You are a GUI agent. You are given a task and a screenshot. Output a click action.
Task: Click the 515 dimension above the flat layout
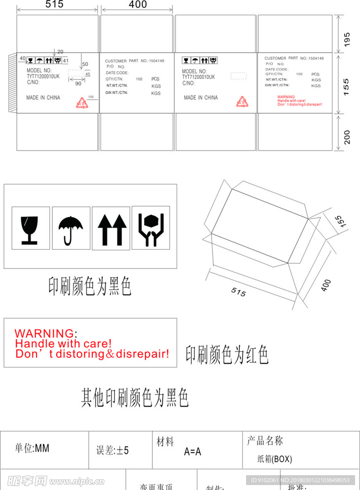pos(54,5)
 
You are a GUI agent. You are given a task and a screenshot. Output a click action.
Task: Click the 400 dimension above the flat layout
pos(138,5)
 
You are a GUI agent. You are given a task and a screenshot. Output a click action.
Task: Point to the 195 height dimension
pos(347,38)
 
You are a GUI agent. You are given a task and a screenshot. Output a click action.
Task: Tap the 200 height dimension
pos(347,137)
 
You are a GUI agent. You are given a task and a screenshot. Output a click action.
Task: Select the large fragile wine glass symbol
pos(30,229)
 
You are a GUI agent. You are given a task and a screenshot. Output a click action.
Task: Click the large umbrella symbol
pos(71,229)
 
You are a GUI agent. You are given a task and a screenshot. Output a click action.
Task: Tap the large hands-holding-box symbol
pos(151,228)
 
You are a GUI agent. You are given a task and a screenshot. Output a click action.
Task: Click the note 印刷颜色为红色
pos(227,355)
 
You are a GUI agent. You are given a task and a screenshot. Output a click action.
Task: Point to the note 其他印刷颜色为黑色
pos(135,398)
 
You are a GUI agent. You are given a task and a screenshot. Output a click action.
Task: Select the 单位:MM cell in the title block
pos(32,449)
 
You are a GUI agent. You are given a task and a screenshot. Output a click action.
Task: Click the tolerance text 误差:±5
pos(112,450)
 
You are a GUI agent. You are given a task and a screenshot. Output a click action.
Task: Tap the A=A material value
pos(192,451)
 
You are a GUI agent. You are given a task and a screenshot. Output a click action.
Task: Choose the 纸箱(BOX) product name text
pos(275,459)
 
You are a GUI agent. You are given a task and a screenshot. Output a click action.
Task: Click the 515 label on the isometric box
pos(238,293)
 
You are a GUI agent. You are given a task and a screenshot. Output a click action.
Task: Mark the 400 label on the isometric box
pos(325,285)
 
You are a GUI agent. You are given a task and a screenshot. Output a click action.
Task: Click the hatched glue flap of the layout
pos(12,82)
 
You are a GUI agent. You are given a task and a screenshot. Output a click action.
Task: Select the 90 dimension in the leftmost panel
pos(78,84)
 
